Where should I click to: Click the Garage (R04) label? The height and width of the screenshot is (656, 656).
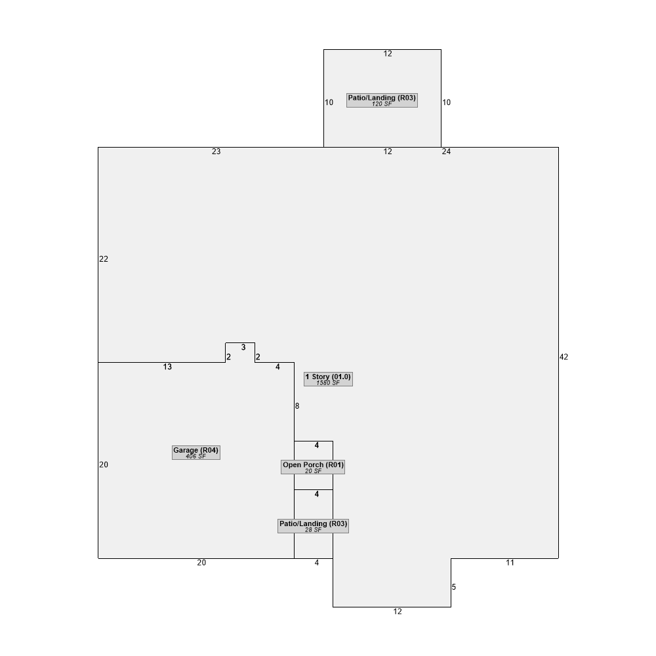tap(195, 452)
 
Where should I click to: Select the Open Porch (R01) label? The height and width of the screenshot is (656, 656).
tap(313, 467)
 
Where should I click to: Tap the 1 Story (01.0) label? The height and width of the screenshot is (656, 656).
tap(328, 379)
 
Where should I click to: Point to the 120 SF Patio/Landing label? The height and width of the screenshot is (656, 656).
tap(382, 100)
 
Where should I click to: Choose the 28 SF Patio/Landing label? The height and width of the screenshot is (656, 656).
tap(313, 526)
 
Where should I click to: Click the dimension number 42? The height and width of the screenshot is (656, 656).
tap(564, 357)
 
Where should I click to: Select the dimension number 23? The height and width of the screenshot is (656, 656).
tap(216, 152)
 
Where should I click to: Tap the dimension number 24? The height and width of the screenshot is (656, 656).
tap(446, 152)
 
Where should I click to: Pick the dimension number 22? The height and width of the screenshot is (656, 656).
tap(104, 259)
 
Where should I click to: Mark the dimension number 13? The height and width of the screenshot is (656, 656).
tap(167, 367)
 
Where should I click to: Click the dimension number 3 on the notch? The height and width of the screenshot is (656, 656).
tap(243, 347)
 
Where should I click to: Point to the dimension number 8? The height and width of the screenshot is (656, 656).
tap(297, 406)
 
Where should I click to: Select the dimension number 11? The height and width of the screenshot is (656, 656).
tap(510, 563)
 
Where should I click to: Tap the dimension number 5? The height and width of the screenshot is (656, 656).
tap(454, 587)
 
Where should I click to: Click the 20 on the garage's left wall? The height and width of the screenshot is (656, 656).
tap(104, 464)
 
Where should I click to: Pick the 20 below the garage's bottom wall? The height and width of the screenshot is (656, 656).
tap(201, 563)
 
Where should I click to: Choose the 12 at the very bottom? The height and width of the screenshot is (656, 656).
tap(398, 611)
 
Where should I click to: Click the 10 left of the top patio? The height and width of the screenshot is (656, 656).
tap(329, 102)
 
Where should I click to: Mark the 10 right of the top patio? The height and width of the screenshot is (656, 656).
tap(447, 102)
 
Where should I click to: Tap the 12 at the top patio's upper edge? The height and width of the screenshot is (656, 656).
tap(388, 54)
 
